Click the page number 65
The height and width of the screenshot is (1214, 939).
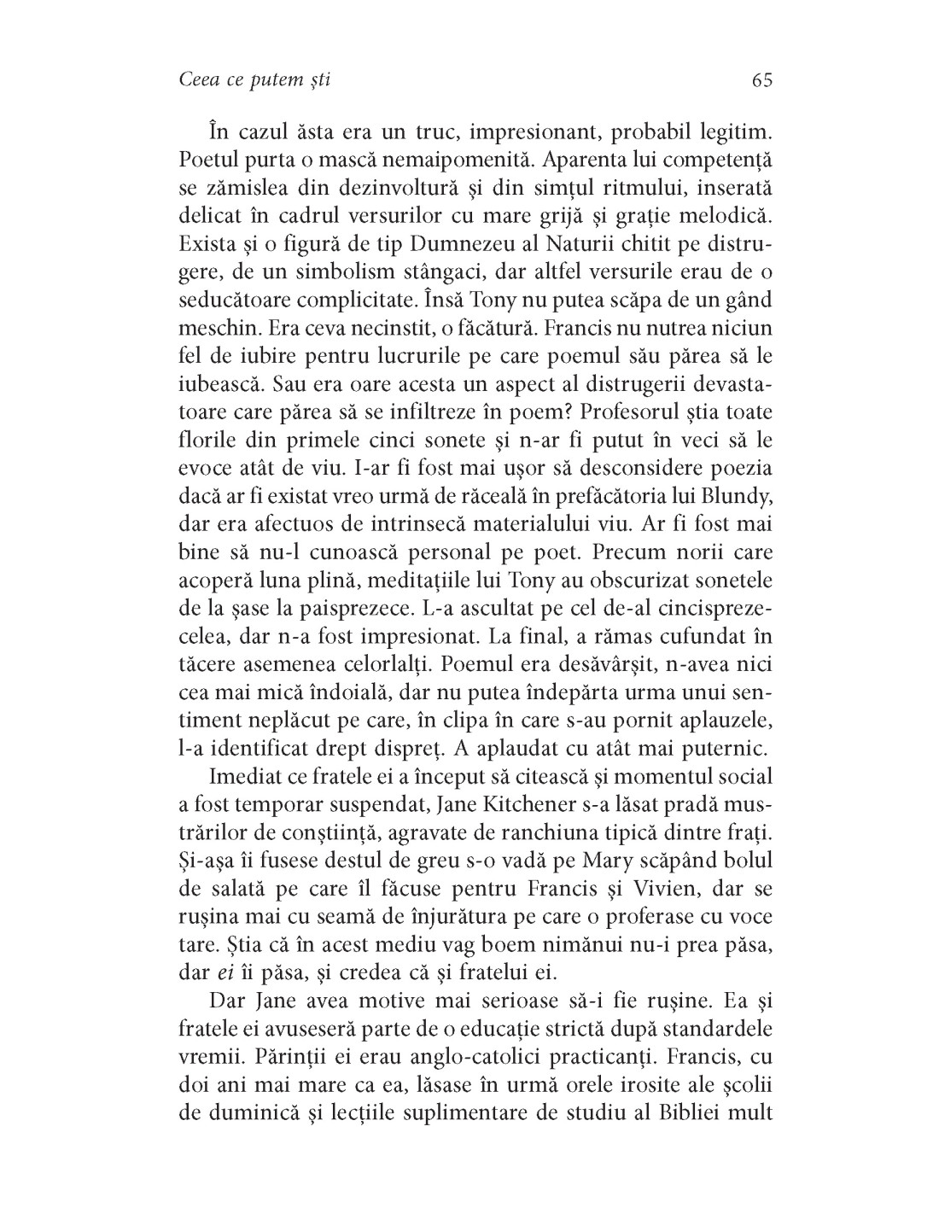pyautogui.click(x=762, y=80)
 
